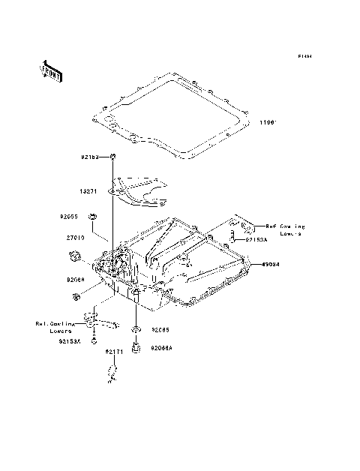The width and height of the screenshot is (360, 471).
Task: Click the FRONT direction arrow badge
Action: (50, 70)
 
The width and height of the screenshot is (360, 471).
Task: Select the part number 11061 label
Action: (270, 122)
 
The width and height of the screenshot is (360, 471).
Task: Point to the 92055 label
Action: (70, 217)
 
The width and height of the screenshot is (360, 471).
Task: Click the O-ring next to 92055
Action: (92, 218)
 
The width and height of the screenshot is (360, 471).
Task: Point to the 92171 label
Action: (113, 352)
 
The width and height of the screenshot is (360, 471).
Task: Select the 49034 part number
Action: (271, 264)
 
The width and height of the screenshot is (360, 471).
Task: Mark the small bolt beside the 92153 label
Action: (112, 157)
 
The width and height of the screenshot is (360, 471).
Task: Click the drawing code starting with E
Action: (304, 55)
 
